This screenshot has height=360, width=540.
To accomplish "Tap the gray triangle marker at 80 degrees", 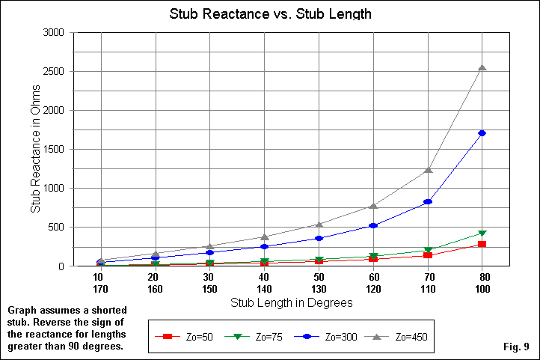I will click(x=482, y=67).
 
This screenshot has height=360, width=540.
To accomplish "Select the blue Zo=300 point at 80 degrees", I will click(x=482, y=133).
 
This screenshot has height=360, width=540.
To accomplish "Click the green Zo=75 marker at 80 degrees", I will click(x=482, y=234).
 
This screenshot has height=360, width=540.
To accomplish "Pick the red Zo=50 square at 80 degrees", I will click(x=482, y=244).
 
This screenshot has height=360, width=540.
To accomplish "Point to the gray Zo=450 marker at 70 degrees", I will click(x=428, y=170).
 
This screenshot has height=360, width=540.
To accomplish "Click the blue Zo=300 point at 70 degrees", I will click(x=428, y=202).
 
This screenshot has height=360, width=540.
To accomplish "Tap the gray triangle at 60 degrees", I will click(x=373, y=206).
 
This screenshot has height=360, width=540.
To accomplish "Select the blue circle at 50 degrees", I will click(x=319, y=238).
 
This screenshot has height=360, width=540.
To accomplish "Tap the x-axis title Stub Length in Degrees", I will click(x=290, y=303).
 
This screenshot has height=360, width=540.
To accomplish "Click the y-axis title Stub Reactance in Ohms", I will click(x=34, y=149).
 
